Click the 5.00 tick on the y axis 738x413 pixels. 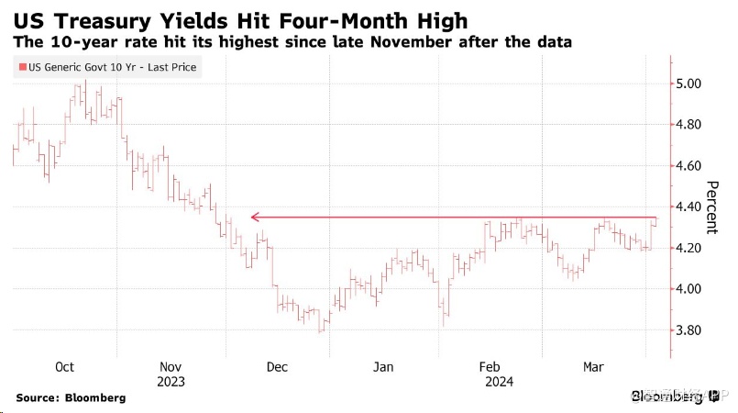(x=693, y=84)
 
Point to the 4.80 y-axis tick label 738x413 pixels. (x=693, y=125)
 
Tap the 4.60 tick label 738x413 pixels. (x=693, y=166)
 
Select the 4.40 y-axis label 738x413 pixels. (x=693, y=207)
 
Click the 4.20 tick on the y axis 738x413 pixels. (x=693, y=249)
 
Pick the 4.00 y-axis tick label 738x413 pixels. (x=693, y=290)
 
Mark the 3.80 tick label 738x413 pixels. (x=693, y=330)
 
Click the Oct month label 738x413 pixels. (x=64, y=367)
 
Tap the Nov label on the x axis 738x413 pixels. (x=171, y=367)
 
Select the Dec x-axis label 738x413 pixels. (x=276, y=367)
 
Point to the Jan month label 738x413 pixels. (x=383, y=367)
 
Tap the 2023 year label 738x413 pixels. (x=171, y=382)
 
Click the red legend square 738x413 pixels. (x=21, y=67)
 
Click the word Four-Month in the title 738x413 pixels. (x=281, y=18)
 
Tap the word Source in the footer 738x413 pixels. (x=42, y=397)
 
